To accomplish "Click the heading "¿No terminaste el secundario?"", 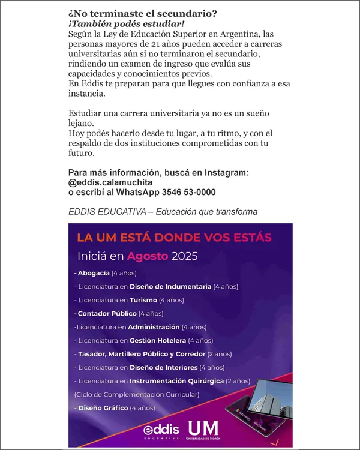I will [x=143, y=13].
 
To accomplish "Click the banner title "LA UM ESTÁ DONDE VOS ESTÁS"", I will [x=178, y=237].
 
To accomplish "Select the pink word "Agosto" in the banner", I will [x=148, y=256].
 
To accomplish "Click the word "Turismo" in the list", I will [x=143, y=299].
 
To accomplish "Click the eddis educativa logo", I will [x=161, y=431].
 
